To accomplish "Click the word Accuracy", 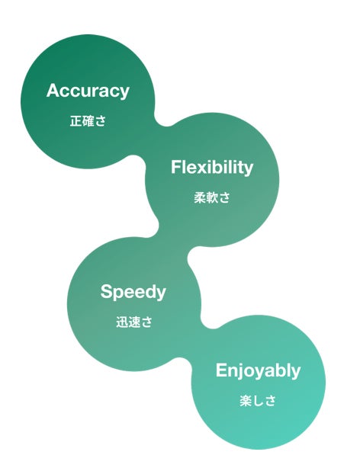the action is click(x=88, y=91).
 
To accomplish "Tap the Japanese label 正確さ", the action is click(x=88, y=121).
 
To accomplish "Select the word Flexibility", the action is click(x=212, y=168).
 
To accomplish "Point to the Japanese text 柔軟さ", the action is click(x=212, y=197).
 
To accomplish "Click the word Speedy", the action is click(x=133, y=292).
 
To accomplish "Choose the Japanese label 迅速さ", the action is click(x=134, y=322).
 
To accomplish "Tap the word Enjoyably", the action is click(x=258, y=370).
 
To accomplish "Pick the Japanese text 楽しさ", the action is click(x=258, y=401).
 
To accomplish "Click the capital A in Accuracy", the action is click(x=53, y=90).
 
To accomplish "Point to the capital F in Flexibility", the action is click(x=175, y=167).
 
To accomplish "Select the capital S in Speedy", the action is click(x=107, y=291).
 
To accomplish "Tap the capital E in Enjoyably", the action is click(x=221, y=370).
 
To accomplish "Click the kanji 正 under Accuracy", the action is click(x=76, y=121).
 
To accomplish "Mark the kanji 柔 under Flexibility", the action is click(x=200, y=197).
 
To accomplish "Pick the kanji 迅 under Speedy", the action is click(x=122, y=322).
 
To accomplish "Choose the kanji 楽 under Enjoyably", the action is click(x=245, y=401).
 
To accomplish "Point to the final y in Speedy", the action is click(x=161, y=294).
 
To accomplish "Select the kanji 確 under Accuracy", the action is click(x=88, y=121).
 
